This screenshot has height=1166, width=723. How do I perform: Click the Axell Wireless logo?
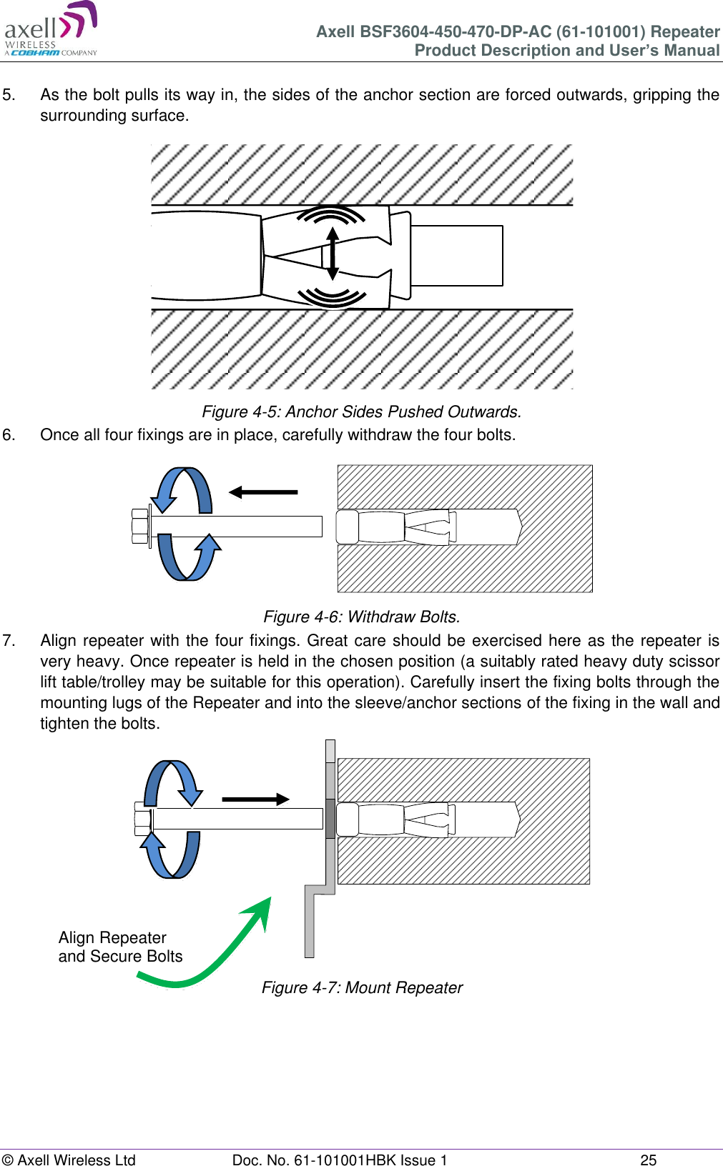(x=50, y=30)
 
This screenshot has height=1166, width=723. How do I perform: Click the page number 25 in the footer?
(x=648, y=1160)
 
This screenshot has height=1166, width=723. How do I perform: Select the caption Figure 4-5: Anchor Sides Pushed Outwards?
(x=361, y=412)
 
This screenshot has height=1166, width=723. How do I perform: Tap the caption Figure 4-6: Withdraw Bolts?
(x=361, y=617)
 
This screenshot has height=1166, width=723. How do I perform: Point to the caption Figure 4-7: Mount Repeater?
(x=362, y=987)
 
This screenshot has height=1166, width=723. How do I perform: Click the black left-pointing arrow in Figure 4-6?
(x=262, y=492)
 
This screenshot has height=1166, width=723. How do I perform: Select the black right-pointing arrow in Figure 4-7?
(x=255, y=799)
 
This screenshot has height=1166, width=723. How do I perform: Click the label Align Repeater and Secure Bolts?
(x=120, y=947)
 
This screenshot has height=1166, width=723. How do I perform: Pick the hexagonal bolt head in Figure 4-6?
(x=139, y=526)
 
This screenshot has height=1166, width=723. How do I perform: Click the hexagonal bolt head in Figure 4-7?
(x=142, y=819)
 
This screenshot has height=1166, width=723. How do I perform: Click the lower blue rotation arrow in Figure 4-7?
(x=172, y=854)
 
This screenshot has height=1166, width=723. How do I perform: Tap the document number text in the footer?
(x=339, y=1160)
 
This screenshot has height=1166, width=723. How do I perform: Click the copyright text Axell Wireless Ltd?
(x=69, y=1160)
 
